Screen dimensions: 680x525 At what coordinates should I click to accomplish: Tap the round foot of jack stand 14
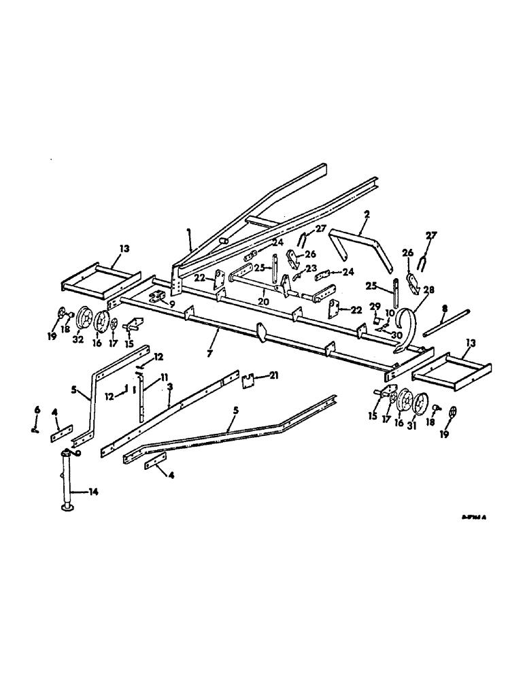(x=68, y=507)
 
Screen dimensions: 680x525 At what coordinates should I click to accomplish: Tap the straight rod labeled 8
(x=445, y=324)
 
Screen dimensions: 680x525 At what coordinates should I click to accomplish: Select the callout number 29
(x=374, y=306)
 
